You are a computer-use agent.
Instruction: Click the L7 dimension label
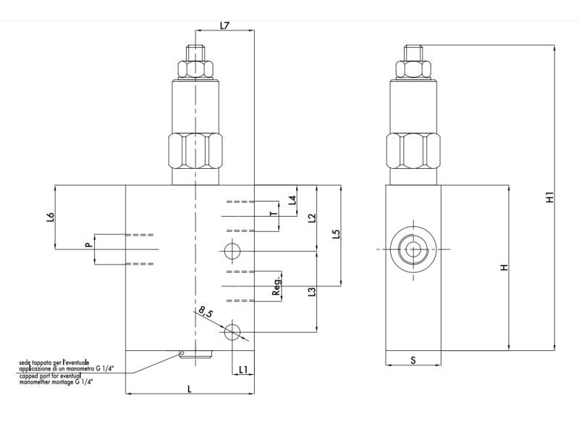pyautogui.click(x=224, y=26)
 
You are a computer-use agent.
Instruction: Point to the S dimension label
pyautogui.click(x=412, y=360)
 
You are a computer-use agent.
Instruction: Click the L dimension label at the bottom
pyautogui.click(x=190, y=389)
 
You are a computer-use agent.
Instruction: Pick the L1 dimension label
pyautogui.click(x=243, y=370)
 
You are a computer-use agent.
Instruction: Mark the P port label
pyautogui.click(x=88, y=246)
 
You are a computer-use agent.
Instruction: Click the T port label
pyautogui.click(x=272, y=214)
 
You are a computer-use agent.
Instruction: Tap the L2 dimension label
pyautogui.click(x=311, y=217)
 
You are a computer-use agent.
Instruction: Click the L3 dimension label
pyautogui.click(x=311, y=291)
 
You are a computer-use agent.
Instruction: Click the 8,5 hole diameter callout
pyautogui.click(x=206, y=313)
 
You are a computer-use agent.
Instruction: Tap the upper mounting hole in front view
pyautogui.click(x=232, y=252)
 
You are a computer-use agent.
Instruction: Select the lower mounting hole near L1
pyautogui.click(x=232, y=333)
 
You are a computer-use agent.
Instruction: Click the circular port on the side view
pyautogui.click(x=412, y=249)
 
